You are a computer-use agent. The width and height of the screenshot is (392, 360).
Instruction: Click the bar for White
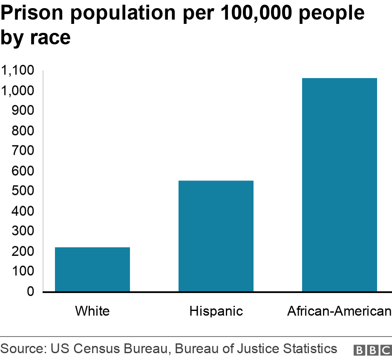tap(92, 269)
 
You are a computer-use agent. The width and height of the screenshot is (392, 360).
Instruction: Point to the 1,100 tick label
tap(18, 71)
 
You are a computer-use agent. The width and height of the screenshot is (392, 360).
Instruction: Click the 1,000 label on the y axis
tap(18, 91)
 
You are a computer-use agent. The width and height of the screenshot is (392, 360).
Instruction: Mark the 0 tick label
tap(30, 292)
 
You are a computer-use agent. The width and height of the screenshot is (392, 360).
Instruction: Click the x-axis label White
tap(92, 311)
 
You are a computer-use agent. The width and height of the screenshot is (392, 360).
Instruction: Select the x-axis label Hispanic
tap(216, 311)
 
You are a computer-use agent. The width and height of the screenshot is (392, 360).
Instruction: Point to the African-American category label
tap(339, 311)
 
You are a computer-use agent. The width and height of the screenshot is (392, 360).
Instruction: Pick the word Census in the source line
tap(96, 348)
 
